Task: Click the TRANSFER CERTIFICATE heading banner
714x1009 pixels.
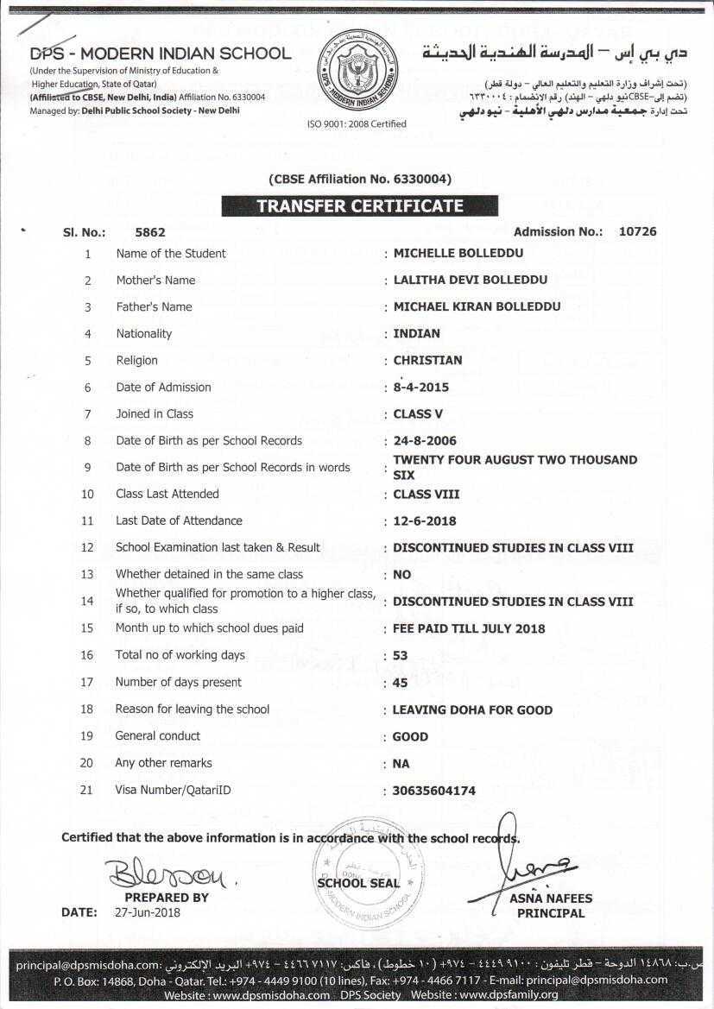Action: pyautogui.click(x=359, y=206)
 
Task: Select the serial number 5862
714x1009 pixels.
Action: pyautogui.click(x=150, y=232)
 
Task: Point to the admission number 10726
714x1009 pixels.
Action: pyautogui.click(x=638, y=231)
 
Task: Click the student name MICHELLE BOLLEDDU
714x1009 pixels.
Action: pyautogui.click(x=458, y=254)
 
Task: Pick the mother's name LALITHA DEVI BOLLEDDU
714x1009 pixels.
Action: pyautogui.click(x=470, y=281)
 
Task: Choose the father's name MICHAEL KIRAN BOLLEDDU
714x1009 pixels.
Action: pyautogui.click(x=477, y=307)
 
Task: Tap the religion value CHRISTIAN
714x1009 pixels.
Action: pyautogui.click(x=427, y=361)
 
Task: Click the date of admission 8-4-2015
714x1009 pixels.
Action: pyautogui.click(x=420, y=388)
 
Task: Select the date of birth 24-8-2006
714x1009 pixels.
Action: pyautogui.click(x=425, y=441)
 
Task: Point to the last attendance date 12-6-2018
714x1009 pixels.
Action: pyautogui.click(x=425, y=521)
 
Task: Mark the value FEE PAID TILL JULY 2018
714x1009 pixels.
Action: pyautogui.click(x=469, y=629)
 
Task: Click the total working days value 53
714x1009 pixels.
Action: pyautogui.click(x=400, y=656)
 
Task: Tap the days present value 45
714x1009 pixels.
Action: pyautogui.click(x=400, y=683)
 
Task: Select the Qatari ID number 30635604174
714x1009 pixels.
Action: pyautogui.click(x=433, y=791)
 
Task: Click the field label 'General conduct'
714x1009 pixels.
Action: pyautogui.click(x=157, y=736)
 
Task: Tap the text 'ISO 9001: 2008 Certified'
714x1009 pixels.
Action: pyautogui.click(x=357, y=124)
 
